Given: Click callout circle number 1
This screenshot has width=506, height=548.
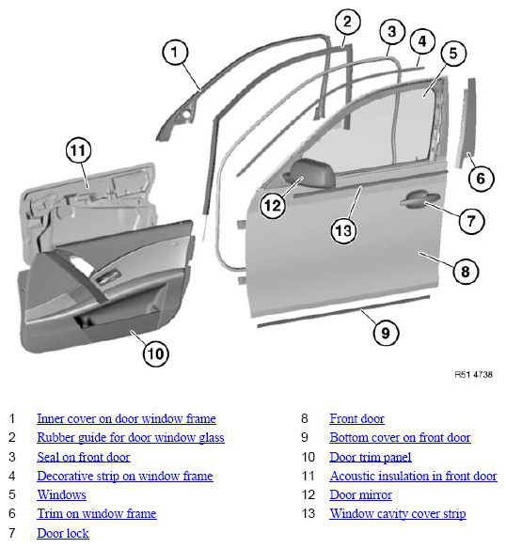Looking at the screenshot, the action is tap(175, 53).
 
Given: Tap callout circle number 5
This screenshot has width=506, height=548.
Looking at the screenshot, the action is tap(453, 54).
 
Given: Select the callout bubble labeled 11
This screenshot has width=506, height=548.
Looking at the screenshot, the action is tap(78, 150).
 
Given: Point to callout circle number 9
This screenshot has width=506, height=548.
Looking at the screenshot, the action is tap(386, 333).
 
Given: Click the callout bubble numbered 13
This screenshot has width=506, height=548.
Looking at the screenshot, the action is tap(343, 230).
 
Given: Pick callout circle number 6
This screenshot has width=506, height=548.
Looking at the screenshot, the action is tap(481, 179).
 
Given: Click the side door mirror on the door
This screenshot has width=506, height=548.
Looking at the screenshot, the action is tap(309, 173).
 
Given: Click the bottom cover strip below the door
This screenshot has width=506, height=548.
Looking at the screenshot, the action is tap(343, 312).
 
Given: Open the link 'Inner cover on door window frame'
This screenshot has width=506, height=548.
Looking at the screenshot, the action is tap(126, 418).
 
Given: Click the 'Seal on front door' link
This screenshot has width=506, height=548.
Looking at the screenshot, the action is tap(83, 457).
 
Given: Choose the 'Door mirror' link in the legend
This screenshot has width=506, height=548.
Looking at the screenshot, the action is tap(360, 494).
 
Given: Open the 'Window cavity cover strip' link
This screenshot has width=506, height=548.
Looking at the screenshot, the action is tap(398, 514).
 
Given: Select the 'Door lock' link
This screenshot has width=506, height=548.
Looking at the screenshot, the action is tap(63, 533).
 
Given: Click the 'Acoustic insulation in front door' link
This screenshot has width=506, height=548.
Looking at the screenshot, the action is tap(413, 476).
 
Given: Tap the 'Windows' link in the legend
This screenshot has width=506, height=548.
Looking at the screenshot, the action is tap(61, 494).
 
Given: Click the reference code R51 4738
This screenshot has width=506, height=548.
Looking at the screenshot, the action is tap(473, 375).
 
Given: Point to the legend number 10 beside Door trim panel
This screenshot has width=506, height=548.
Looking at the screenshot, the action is tap(308, 457).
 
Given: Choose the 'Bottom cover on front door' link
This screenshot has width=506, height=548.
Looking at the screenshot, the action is tap(400, 438).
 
